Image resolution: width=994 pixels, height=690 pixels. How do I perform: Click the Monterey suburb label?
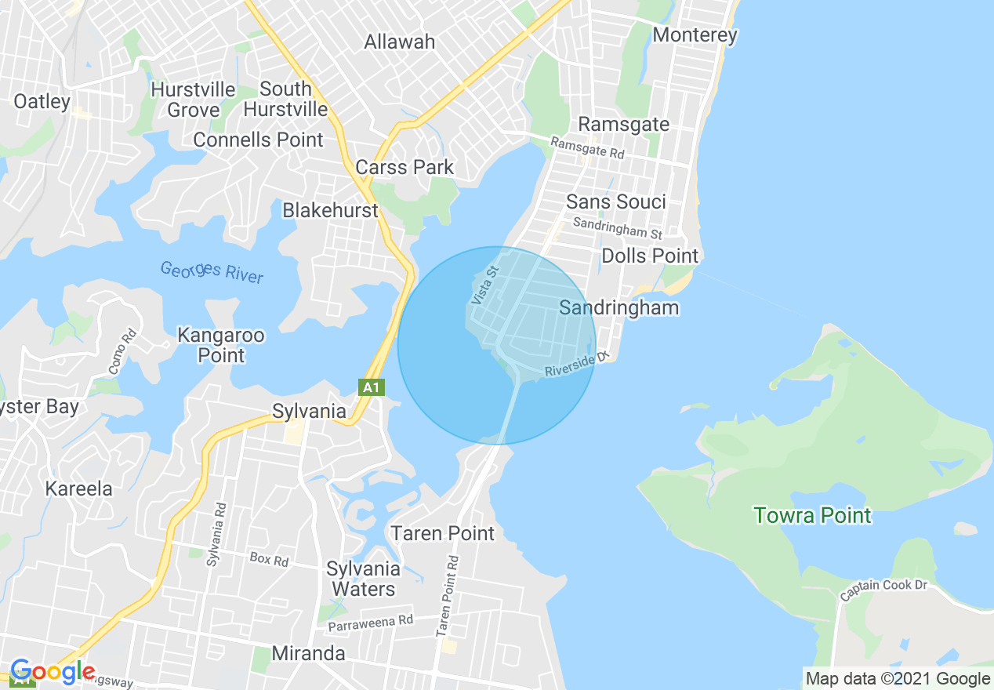pyautogui.click(x=695, y=35)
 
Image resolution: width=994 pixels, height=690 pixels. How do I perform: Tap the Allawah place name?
pyautogui.click(x=399, y=42)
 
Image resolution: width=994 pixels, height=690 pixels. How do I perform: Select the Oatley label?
pyautogui.click(x=42, y=101)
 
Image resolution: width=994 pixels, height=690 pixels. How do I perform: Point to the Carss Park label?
pyautogui.click(x=404, y=167)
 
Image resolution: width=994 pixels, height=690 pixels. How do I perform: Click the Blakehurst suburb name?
pyautogui.click(x=330, y=210)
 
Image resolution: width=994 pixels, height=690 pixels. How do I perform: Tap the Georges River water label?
pyautogui.click(x=212, y=272)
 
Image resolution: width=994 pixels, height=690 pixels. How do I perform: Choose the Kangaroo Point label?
pyautogui.click(x=210, y=345)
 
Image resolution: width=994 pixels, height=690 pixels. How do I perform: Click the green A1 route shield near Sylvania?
pyautogui.click(x=372, y=387)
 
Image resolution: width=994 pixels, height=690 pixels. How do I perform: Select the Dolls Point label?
pyautogui.click(x=650, y=256)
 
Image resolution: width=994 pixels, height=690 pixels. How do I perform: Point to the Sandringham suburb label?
pyautogui.click(x=619, y=307)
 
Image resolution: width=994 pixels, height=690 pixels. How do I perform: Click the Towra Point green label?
pyautogui.click(x=812, y=515)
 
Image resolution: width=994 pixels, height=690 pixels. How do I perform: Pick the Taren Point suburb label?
pyautogui.click(x=443, y=533)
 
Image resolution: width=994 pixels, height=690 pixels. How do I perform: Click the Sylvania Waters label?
pyautogui.click(x=363, y=579)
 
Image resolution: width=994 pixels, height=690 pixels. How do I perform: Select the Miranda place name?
pyautogui.click(x=308, y=653)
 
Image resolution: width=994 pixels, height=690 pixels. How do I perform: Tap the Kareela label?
pyautogui.click(x=78, y=488)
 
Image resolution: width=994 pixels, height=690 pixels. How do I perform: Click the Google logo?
pyautogui.click(x=53, y=672)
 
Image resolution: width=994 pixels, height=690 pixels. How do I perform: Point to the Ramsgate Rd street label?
pyautogui.click(x=587, y=147)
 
